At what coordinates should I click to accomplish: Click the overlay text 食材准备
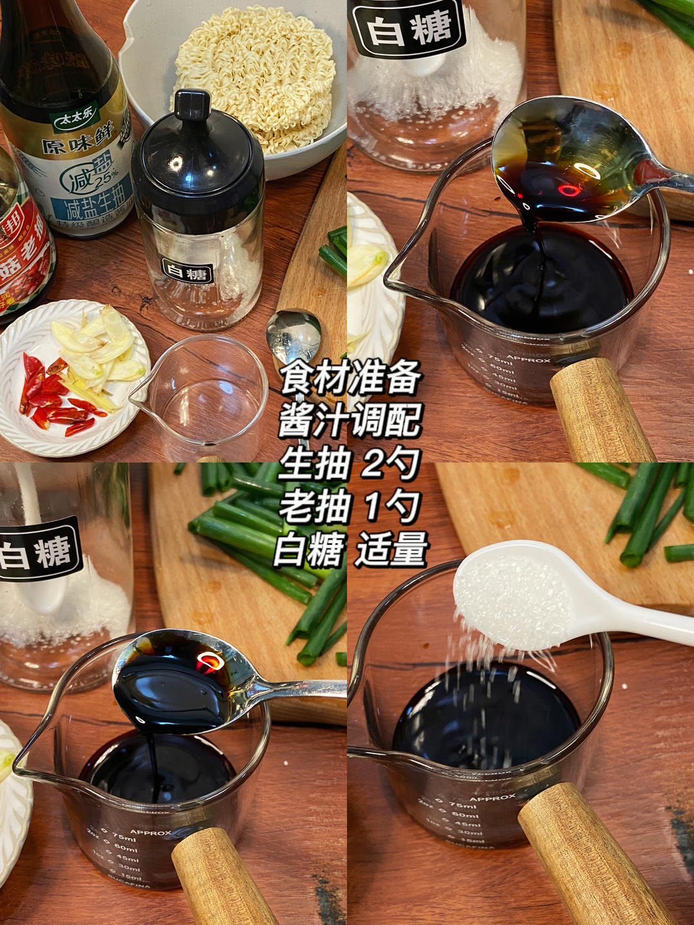point(350,378)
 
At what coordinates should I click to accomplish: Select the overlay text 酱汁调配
point(350,421)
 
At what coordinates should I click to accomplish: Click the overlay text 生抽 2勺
point(350,464)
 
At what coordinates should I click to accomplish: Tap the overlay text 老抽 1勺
point(350,507)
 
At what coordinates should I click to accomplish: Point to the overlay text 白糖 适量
point(350,551)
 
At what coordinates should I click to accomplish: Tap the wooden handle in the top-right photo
point(598,411)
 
